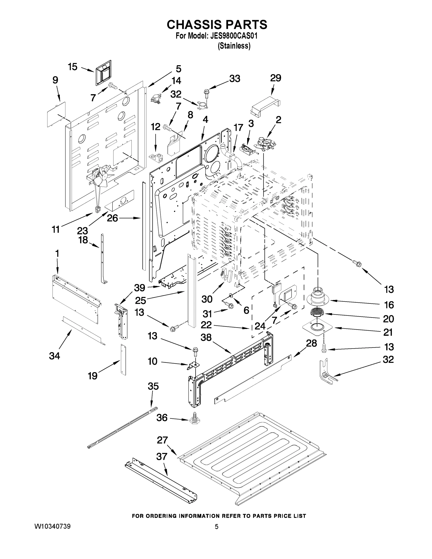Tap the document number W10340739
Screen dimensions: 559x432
point(52,526)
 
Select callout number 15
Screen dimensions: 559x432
point(72,67)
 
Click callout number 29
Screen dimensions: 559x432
point(276,78)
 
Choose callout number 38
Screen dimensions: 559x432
point(206,337)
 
